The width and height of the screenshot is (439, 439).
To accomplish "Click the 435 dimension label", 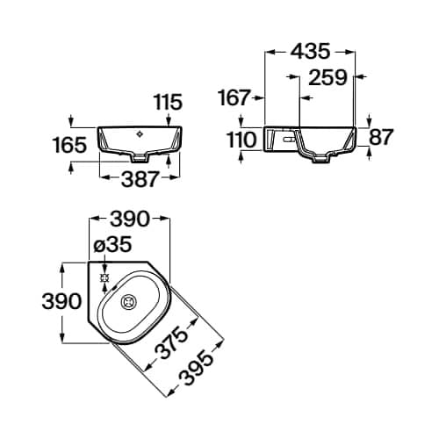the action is (311, 52).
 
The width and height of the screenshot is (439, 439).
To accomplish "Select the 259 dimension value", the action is (327, 77).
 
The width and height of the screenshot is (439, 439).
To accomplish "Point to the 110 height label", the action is (241, 140).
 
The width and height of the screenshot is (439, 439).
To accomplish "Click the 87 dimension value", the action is (380, 136).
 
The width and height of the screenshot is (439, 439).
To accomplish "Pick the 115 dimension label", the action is (168, 102).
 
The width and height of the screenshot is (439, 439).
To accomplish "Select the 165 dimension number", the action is (70, 145).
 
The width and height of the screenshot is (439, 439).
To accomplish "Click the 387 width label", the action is (140, 179).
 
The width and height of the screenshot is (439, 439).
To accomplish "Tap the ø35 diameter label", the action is (112, 244).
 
